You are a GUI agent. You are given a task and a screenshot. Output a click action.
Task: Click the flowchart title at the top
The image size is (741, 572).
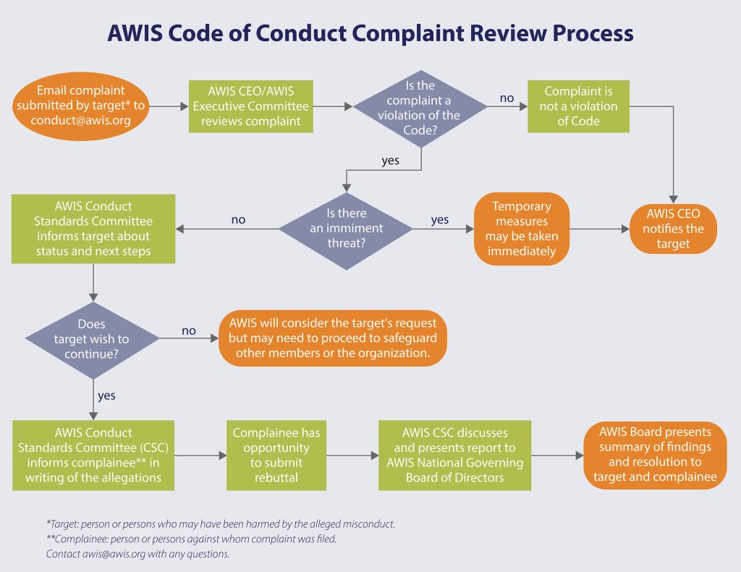coord(370,33)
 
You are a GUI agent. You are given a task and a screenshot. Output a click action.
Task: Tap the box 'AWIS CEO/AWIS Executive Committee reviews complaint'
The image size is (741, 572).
coord(250,106)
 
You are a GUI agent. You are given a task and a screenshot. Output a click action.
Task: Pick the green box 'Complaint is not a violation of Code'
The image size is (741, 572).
coord(578,106)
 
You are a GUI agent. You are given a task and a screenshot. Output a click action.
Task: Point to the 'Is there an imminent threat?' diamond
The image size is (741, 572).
coord(346,229)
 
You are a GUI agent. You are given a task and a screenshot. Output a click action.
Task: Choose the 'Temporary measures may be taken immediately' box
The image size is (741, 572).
coord(522,229)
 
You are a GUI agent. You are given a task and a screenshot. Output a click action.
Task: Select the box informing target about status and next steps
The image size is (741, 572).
coord(93,229)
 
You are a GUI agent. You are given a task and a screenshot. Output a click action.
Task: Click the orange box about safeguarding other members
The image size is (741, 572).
coord(333,338)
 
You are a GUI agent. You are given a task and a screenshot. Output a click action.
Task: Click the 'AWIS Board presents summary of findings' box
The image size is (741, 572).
coord(655,456)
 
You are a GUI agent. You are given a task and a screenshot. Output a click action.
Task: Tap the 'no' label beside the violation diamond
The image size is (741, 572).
coord(507,96)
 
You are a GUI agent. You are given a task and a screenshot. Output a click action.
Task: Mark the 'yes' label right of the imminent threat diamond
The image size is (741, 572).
coord(439,220)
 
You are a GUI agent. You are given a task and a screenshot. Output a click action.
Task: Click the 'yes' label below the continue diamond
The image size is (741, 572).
coord(106,396)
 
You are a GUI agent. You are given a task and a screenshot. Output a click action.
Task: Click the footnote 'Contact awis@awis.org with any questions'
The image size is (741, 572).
coord(137,554)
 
